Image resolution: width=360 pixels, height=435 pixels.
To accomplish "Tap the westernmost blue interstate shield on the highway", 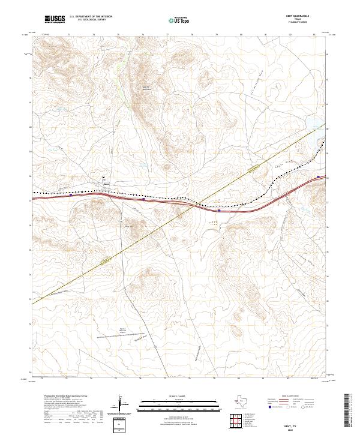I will click(71, 194).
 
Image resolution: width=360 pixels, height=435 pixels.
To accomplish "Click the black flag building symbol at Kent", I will click(103, 178).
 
